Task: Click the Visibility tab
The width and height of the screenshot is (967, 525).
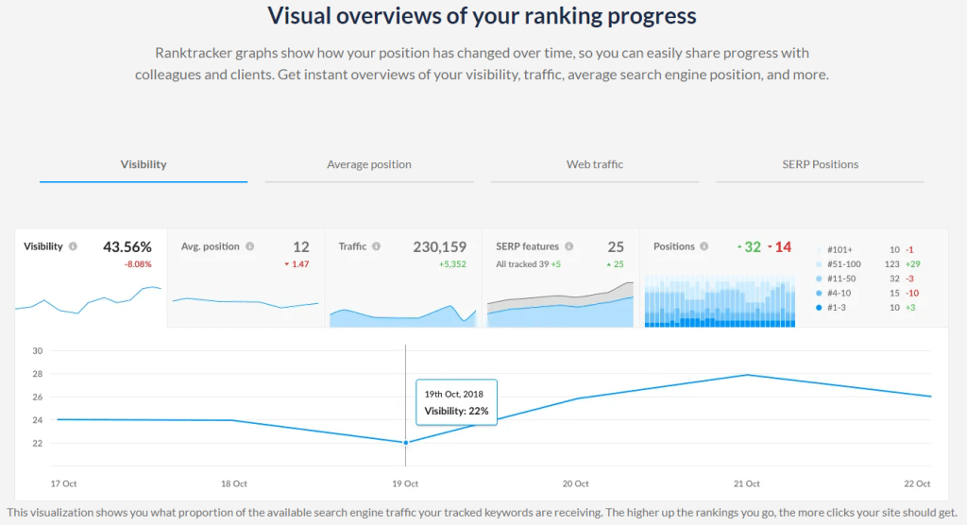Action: (x=144, y=164)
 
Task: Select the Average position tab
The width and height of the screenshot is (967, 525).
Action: (x=369, y=164)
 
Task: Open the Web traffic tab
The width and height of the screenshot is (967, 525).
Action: (x=595, y=164)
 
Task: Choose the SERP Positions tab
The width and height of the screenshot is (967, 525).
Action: (x=820, y=164)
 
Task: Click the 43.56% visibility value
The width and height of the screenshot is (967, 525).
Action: (x=127, y=247)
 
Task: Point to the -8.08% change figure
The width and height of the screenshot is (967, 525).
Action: (x=138, y=264)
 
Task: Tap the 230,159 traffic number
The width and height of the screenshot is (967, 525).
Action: (x=439, y=247)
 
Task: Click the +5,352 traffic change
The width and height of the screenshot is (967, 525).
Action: (x=452, y=264)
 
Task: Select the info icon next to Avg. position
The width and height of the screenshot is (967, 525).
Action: (x=250, y=246)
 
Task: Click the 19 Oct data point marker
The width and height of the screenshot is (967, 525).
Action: (x=406, y=442)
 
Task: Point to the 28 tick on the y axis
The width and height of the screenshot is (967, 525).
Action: (x=38, y=374)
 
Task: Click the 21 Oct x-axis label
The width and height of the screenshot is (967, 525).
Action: (x=747, y=483)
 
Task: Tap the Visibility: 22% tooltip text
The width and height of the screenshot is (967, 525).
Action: (x=456, y=412)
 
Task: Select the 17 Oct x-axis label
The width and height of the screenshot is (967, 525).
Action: (x=63, y=483)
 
